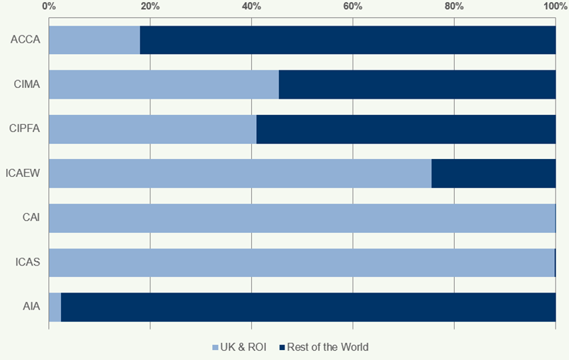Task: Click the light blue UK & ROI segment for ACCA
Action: pos(94,40)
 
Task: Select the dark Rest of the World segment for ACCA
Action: pos(348,40)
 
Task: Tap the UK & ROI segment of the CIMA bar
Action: pos(164,84)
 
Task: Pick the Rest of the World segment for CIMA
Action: pos(417,84)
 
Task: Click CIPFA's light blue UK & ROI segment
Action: pos(153,129)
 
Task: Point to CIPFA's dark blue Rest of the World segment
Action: pos(406,129)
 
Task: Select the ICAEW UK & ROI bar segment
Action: pos(240,173)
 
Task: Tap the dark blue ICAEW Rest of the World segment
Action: pos(493,173)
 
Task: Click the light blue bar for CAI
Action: pos(302,218)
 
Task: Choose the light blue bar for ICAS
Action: pos(302,263)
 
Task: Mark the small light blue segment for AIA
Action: pos(55,307)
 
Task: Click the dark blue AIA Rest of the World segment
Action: pos(308,307)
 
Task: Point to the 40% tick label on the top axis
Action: pos(251,6)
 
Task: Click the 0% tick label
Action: pos(49,6)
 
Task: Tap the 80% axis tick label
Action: pos(454,6)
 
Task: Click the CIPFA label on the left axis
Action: pos(25,129)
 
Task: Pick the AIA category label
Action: pos(31,307)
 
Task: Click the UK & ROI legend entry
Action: pos(239,347)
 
